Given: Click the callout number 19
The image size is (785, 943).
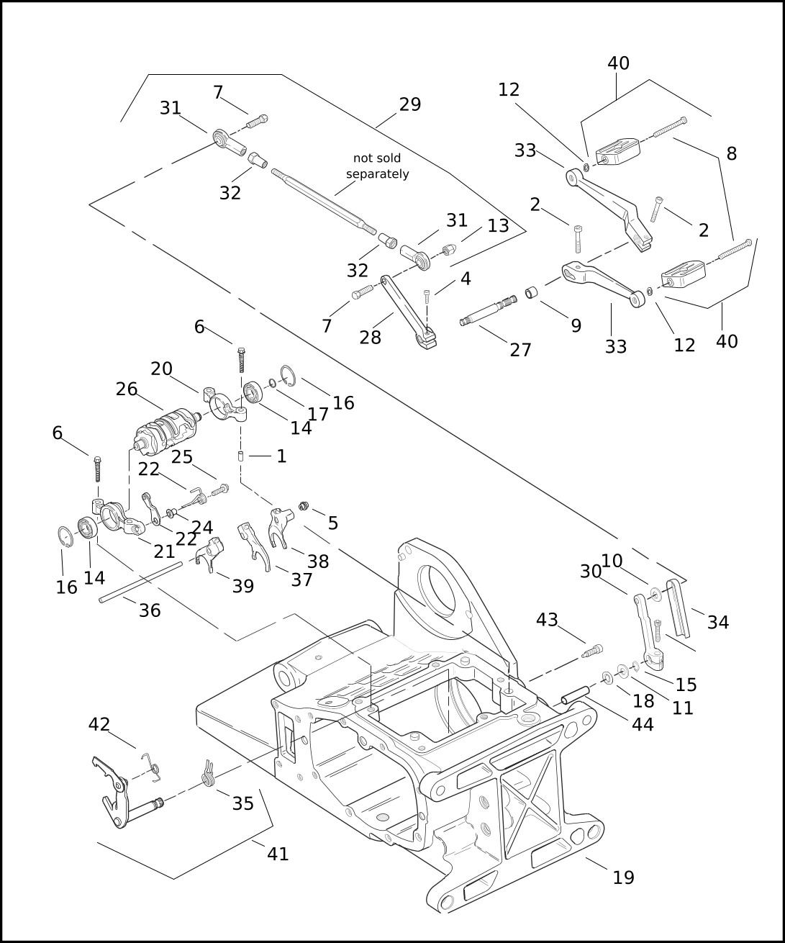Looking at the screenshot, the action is [x=623, y=877].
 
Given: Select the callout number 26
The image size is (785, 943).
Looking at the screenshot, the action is [x=127, y=389].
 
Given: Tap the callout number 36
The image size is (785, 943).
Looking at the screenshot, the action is [x=150, y=610].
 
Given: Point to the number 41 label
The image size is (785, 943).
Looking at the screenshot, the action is [x=278, y=854].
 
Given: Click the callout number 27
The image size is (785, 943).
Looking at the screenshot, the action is [x=520, y=350].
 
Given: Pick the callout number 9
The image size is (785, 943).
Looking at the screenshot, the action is [x=576, y=325].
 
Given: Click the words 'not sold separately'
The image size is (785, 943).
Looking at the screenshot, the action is [x=377, y=166].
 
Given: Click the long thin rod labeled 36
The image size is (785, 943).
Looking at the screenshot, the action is [x=141, y=582].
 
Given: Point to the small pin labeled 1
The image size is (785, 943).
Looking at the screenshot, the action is [x=240, y=456].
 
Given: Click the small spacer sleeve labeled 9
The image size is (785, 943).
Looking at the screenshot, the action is [x=531, y=294].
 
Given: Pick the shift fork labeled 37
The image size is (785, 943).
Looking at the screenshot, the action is [x=253, y=546].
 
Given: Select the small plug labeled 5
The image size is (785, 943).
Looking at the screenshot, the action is [x=304, y=505].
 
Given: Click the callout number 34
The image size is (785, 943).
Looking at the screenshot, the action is [x=718, y=623].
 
